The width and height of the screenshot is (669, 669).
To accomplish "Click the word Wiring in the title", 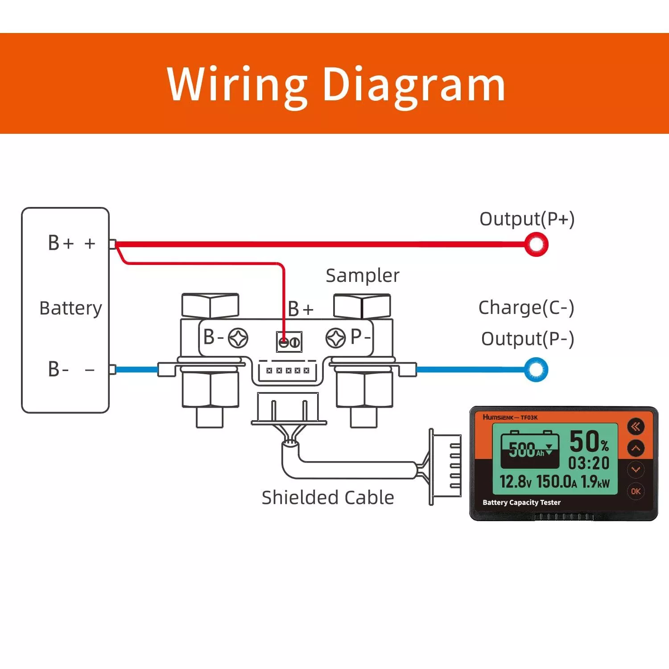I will (x=237, y=85).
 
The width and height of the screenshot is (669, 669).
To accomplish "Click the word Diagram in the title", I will (x=413, y=85).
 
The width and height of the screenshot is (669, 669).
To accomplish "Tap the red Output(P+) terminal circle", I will (x=536, y=244).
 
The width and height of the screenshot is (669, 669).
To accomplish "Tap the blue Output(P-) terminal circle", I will (x=536, y=370).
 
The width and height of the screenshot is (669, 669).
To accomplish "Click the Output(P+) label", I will (x=527, y=219).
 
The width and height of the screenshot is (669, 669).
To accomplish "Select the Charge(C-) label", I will (x=526, y=308).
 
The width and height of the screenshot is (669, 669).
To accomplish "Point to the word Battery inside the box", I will (x=70, y=309).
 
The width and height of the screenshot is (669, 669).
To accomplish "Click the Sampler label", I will (x=362, y=276).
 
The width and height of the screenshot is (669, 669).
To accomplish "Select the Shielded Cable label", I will (x=328, y=498).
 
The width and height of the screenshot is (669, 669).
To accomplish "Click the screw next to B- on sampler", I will (x=238, y=338).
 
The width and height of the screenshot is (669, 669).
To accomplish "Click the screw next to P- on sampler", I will (x=335, y=338).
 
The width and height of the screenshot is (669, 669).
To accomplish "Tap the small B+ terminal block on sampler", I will (x=289, y=342).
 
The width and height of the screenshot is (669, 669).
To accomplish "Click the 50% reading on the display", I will (x=589, y=441).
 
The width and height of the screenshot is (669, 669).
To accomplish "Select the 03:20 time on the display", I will (x=589, y=463).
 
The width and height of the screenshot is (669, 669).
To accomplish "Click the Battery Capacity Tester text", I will (x=521, y=503).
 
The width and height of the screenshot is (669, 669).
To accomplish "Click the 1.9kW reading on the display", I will (x=595, y=482).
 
